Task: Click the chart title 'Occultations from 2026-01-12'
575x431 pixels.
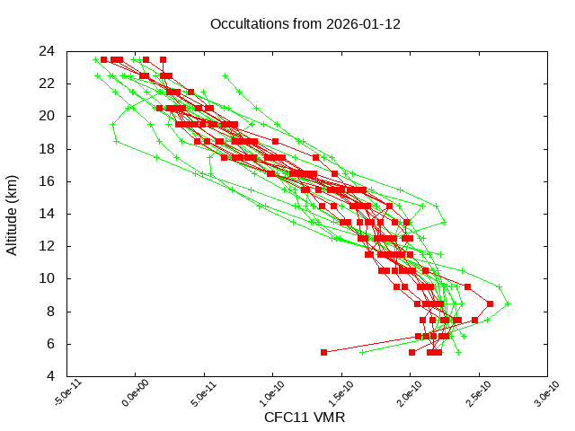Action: tap(305, 23)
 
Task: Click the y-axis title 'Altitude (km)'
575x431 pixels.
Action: tap(13, 214)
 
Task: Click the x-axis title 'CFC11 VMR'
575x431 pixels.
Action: tap(305, 418)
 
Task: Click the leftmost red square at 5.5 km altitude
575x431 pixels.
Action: tap(323, 352)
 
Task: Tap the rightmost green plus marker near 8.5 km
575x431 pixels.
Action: tap(508, 303)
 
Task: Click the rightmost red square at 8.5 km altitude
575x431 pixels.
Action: tap(490, 303)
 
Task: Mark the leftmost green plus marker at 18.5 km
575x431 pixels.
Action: tap(116, 141)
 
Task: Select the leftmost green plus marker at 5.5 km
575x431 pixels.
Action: tap(362, 352)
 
